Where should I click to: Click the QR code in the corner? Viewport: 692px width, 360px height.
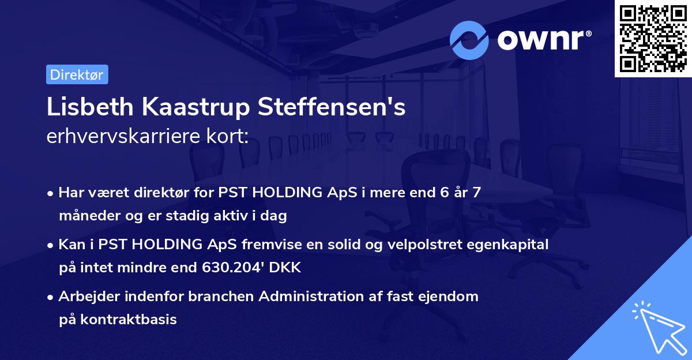coord(653,39)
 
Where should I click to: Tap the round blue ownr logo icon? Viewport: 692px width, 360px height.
coord(469,40)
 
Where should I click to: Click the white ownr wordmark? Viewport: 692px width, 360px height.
coord(544,40)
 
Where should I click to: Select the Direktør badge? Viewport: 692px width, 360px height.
coord(77,74)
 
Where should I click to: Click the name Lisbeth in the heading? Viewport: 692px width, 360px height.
coord(90,107)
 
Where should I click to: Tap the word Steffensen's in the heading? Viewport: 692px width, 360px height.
coord(332,107)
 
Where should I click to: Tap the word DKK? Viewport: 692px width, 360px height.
coord(285,267)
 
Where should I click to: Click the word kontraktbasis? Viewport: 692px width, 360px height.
coord(128,319)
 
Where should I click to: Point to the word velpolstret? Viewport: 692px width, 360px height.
coord(424,245)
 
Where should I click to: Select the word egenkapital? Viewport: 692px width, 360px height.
coord(507,245)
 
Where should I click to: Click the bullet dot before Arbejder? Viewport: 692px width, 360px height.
coord(50,297)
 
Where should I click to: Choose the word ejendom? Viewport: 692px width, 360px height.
coord(448,297)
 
